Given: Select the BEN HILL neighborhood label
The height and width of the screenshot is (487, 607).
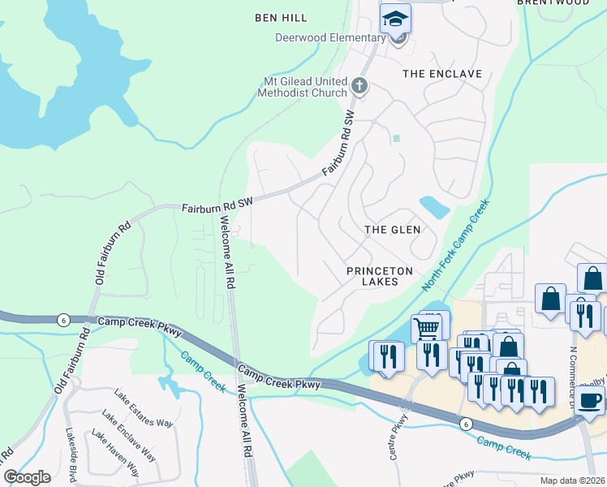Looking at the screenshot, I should tap(280, 17).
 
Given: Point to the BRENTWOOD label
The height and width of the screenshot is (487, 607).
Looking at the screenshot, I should tap(564, 3).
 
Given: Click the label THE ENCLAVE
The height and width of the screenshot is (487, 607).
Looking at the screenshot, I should tap(442, 74).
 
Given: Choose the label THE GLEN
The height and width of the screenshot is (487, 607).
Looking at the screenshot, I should tap(392, 230).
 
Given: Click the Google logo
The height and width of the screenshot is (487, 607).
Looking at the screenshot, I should tap(27, 476).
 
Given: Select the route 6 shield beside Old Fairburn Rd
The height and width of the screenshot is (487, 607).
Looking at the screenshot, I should tap(62, 320).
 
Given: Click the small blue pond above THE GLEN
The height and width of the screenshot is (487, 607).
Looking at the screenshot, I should tap(434, 206).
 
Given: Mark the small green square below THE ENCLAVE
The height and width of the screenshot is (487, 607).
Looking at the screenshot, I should tap(396, 138).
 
